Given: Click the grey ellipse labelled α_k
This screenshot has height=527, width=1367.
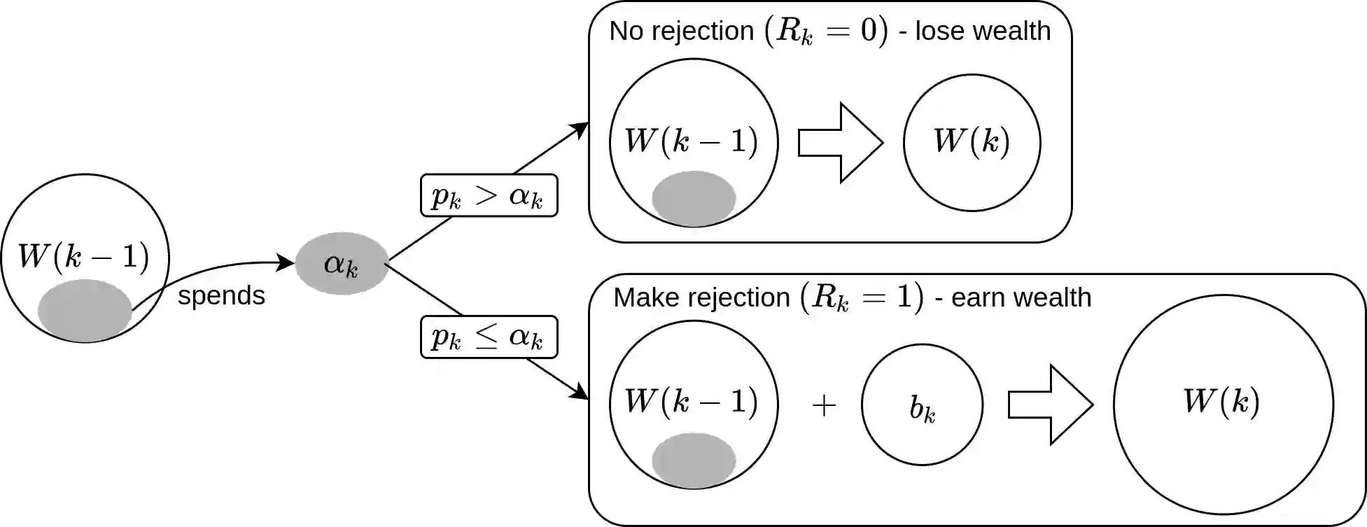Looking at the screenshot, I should [342, 264].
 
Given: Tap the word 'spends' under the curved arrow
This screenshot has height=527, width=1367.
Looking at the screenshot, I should [221, 295].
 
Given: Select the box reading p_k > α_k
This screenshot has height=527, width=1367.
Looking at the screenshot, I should [489, 195].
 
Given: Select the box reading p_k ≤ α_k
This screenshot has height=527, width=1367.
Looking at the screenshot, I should [489, 337].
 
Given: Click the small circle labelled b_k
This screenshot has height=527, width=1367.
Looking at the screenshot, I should [922, 405].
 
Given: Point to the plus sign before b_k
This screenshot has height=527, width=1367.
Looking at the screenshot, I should [824, 405].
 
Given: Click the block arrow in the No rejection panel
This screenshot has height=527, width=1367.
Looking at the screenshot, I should [840, 143].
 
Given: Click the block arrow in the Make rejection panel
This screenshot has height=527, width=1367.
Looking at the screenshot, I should [1050, 405].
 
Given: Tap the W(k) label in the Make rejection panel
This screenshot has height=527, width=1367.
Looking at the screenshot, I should [1221, 402].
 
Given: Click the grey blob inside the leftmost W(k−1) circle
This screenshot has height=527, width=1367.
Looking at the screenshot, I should [85, 309].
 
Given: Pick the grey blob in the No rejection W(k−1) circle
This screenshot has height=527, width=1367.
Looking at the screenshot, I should [694, 198].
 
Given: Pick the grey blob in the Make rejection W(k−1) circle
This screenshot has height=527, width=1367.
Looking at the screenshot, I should [694, 460].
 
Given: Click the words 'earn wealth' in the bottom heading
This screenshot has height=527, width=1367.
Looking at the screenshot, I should [1021, 297].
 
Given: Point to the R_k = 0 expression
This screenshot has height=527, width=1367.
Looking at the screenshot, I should [826, 31].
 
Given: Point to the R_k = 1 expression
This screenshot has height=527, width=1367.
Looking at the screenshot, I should [862, 297].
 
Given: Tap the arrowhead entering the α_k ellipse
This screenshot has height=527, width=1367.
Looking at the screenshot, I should [286, 262].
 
